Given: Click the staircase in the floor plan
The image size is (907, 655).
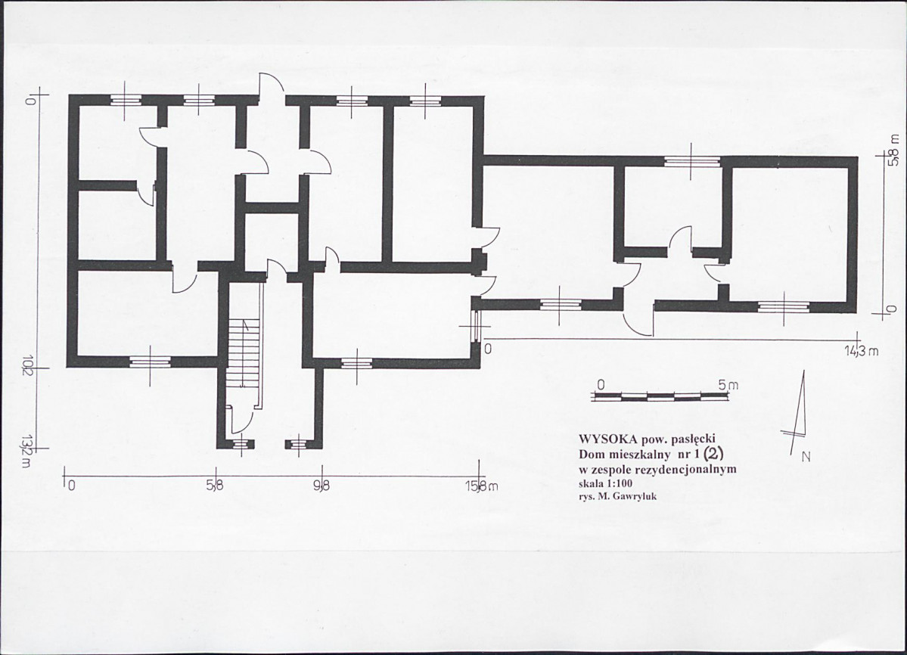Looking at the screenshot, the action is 244,352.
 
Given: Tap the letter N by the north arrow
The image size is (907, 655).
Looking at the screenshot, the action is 806,457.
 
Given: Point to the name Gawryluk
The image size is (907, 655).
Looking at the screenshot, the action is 635,496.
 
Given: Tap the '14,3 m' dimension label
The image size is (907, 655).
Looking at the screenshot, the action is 862,351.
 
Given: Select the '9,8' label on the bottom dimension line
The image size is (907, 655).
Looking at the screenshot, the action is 321,486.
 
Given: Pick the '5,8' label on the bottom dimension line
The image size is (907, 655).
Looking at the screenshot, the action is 214,486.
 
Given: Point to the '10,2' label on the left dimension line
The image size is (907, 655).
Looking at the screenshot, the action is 27,369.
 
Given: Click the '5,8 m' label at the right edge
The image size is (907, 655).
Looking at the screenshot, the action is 894,151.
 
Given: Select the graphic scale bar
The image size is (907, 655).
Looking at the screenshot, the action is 660,396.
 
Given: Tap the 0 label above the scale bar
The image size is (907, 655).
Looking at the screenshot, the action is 601,385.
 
